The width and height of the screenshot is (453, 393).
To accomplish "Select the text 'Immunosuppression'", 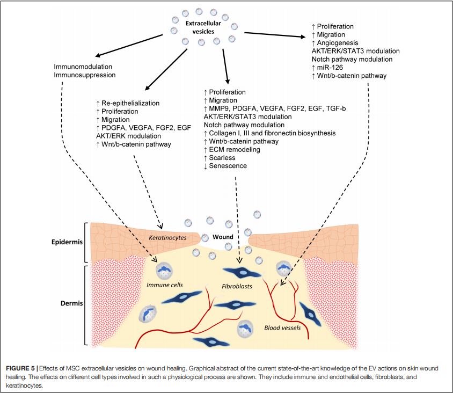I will coord(84,75).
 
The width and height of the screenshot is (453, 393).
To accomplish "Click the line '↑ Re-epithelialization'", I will coord(128,103).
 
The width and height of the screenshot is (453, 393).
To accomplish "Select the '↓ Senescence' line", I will coord(225,166).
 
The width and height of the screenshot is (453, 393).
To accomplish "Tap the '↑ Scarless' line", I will coord(222,158).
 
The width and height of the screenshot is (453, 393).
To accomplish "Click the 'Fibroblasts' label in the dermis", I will coord(237,287).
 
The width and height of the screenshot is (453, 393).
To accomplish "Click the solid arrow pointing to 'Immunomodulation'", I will coord(128,45).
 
